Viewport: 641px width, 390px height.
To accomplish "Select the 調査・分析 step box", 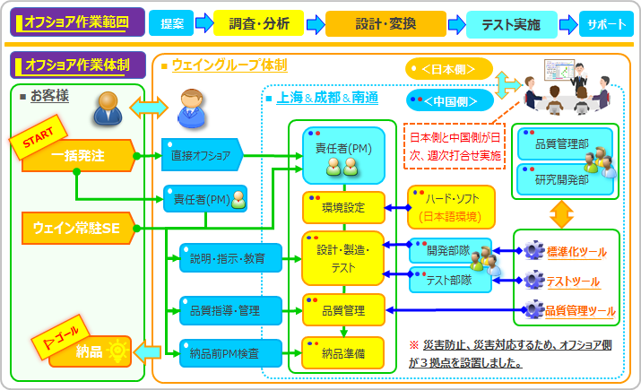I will (x=257, y=24).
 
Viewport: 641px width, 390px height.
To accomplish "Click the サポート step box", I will (x=607, y=24).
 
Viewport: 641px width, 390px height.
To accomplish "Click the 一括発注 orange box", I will (x=79, y=155).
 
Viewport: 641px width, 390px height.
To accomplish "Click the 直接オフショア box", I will (x=201, y=155).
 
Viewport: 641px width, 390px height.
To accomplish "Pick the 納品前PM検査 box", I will (x=224, y=353).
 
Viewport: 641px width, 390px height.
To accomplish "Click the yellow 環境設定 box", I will (x=342, y=208).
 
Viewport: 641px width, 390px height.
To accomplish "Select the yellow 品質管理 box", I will (x=342, y=310).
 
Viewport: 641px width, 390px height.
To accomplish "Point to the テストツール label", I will (x=573, y=282).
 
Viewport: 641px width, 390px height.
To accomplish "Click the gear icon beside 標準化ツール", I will (x=533, y=250).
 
